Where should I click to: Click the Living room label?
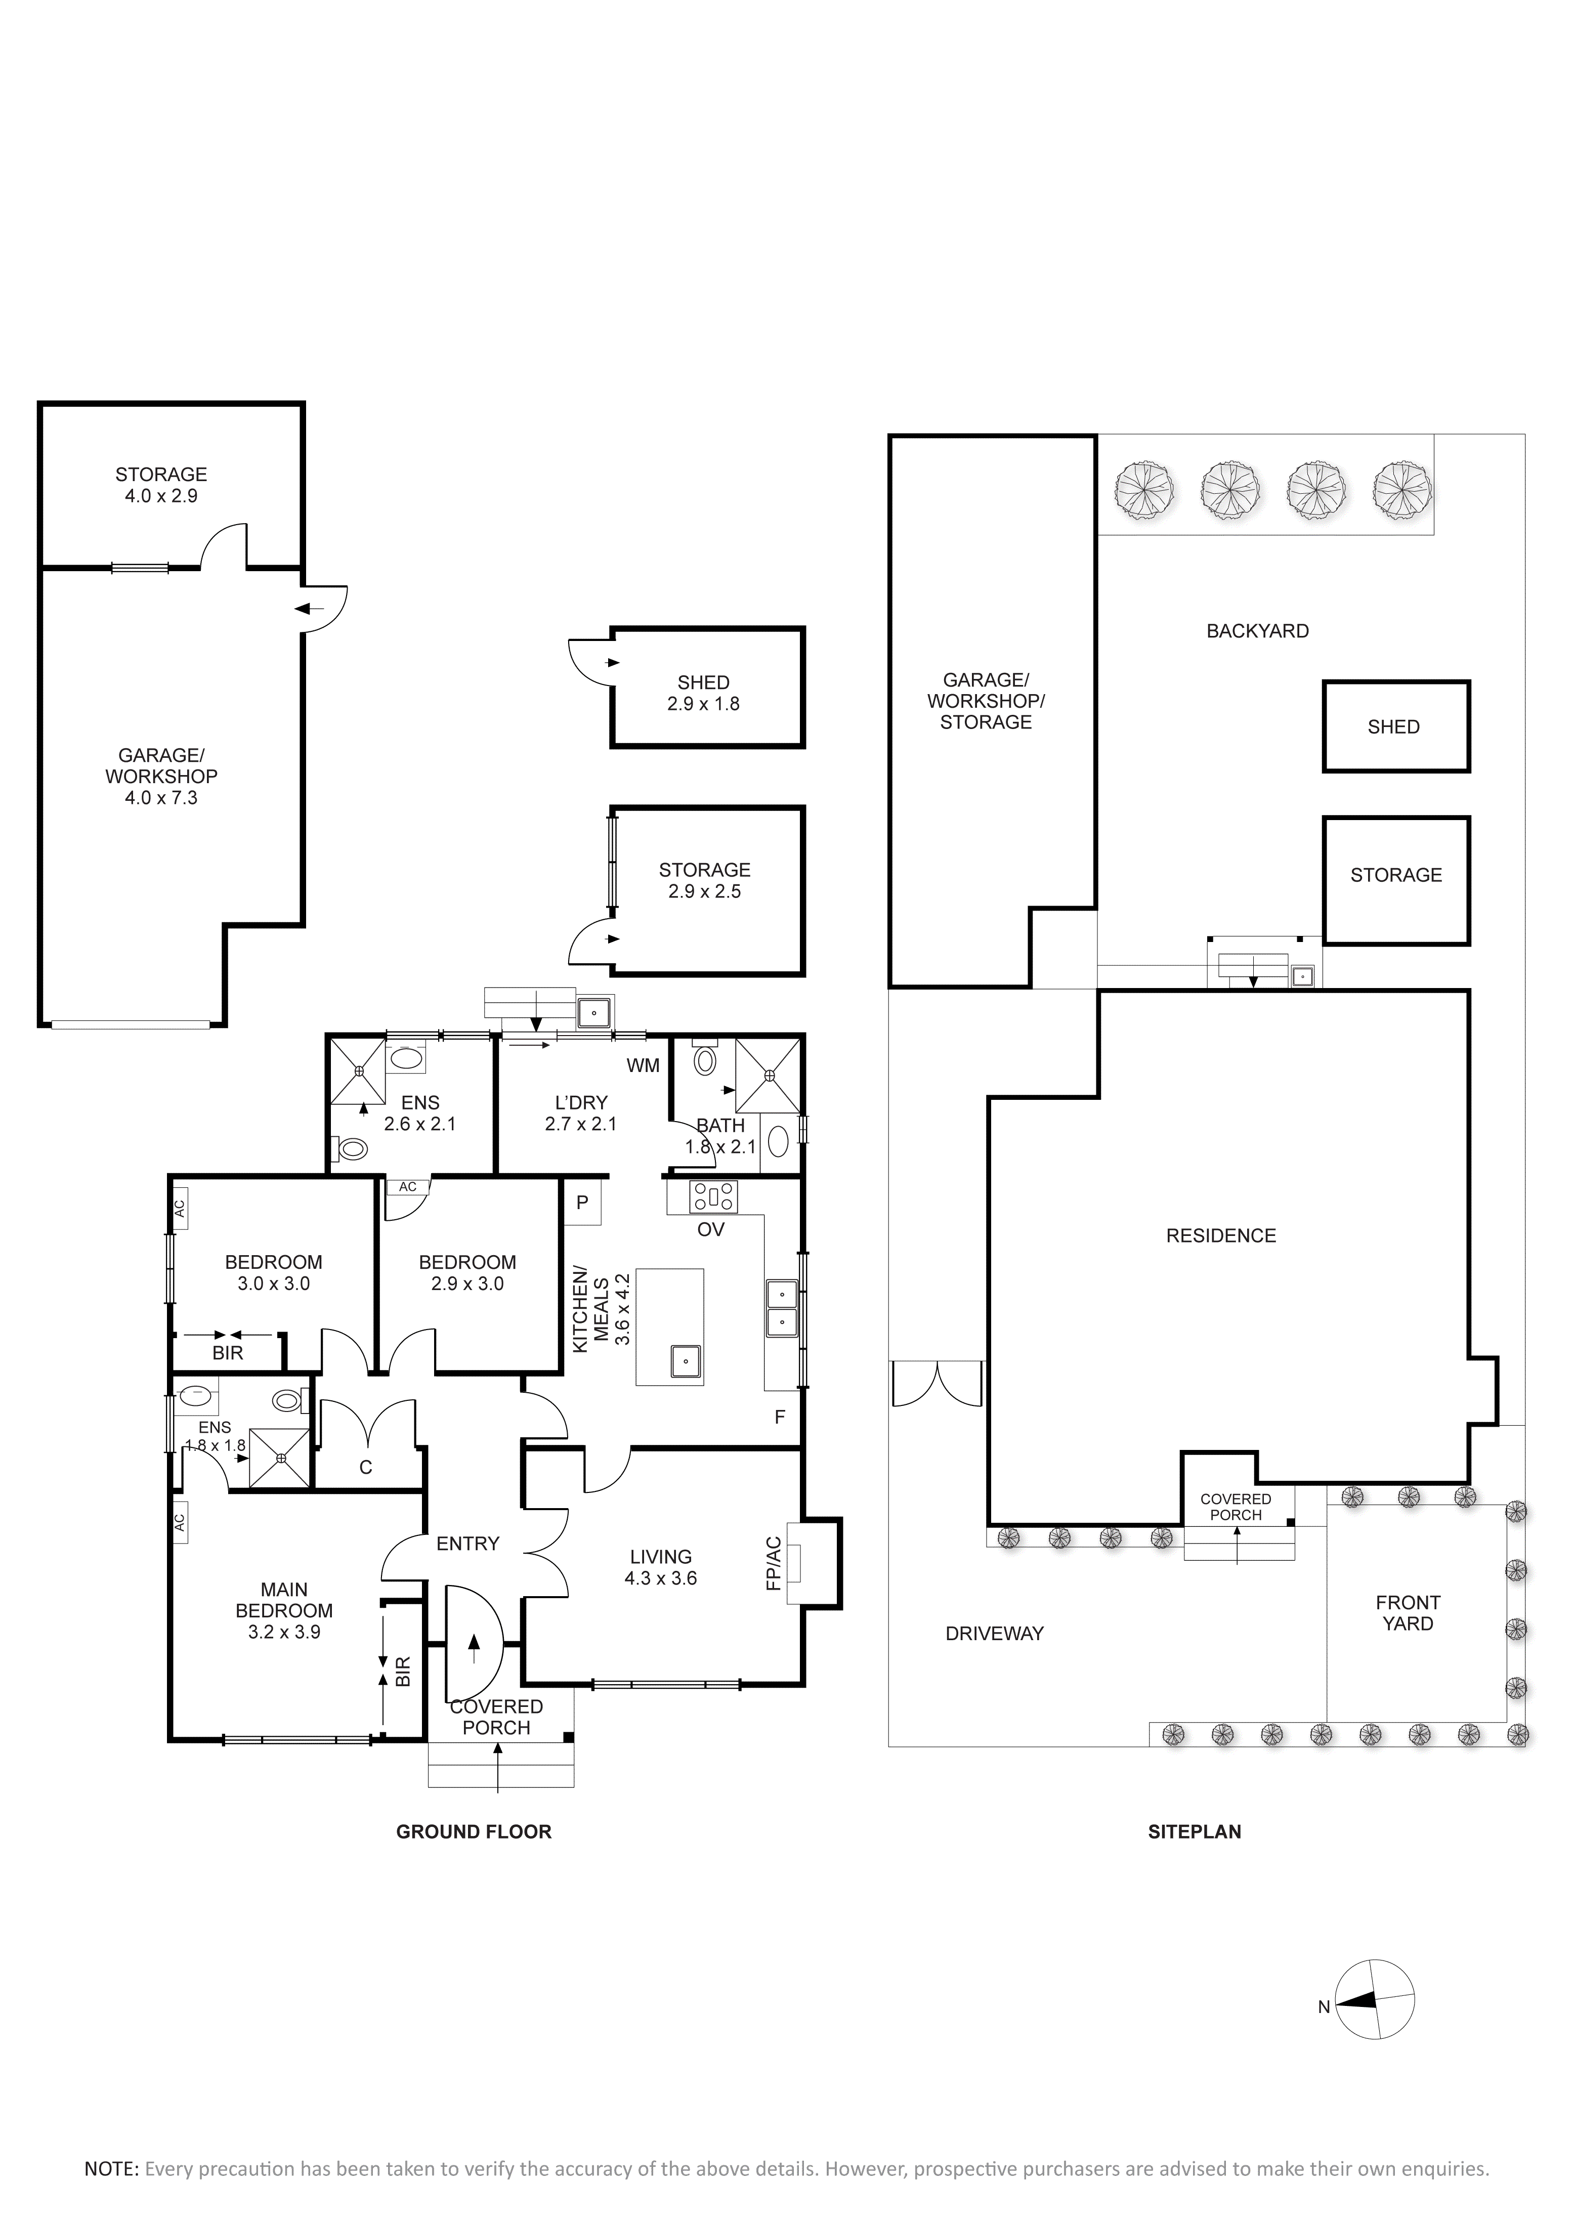point(660,1567)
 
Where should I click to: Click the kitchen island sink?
point(686,1361)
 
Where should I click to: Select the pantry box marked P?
point(583,1202)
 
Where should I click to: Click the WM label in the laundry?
point(643,1065)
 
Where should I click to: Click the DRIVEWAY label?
point(994,1634)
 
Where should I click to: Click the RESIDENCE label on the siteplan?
point(1221,1235)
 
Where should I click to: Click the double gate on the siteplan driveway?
point(937,1384)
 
